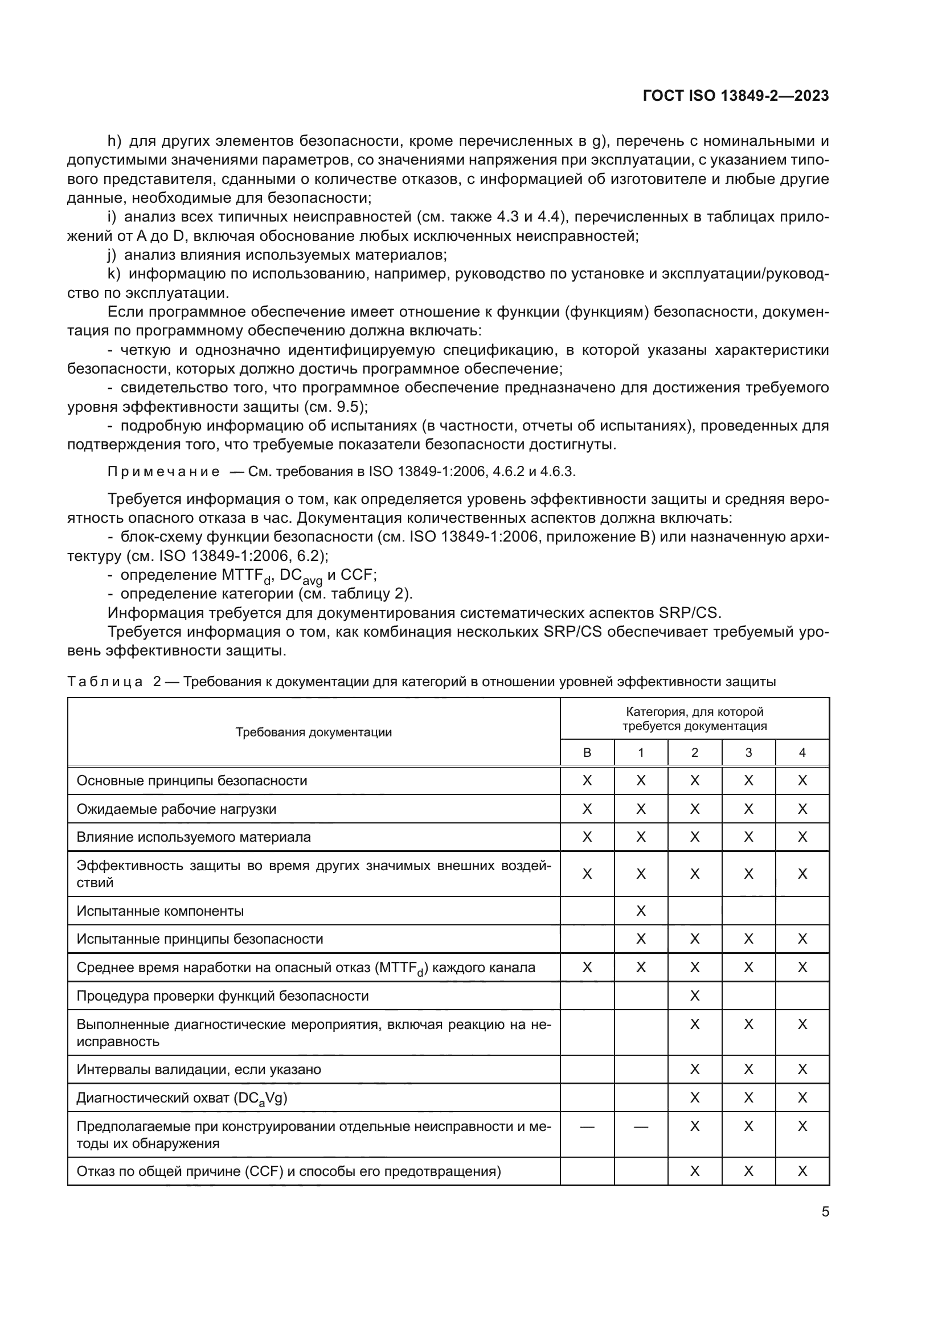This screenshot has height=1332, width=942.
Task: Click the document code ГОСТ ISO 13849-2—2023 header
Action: click(735, 96)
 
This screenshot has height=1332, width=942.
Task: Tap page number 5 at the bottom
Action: click(825, 1212)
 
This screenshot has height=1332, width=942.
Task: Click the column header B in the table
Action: click(587, 753)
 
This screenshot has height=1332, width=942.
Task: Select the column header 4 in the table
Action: click(802, 753)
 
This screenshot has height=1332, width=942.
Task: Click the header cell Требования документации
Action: click(313, 732)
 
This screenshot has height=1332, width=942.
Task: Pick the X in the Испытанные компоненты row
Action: click(640, 911)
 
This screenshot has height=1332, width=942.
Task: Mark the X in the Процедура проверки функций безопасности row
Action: click(694, 996)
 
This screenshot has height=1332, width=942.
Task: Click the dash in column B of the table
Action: click(587, 1126)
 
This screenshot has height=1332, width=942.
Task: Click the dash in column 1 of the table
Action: click(640, 1126)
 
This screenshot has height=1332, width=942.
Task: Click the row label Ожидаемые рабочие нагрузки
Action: click(177, 809)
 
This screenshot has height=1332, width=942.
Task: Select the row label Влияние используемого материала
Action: click(194, 837)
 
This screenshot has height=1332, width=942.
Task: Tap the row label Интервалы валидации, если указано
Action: click(198, 1070)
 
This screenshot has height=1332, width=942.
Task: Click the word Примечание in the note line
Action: click(163, 472)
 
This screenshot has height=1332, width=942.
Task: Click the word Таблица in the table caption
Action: click(105, 682)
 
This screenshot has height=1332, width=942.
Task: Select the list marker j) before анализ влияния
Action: click(112, 255)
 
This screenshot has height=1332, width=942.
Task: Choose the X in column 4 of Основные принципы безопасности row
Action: click(802, 781)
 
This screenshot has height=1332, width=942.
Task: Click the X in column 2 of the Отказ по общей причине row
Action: click(694, 1171)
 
